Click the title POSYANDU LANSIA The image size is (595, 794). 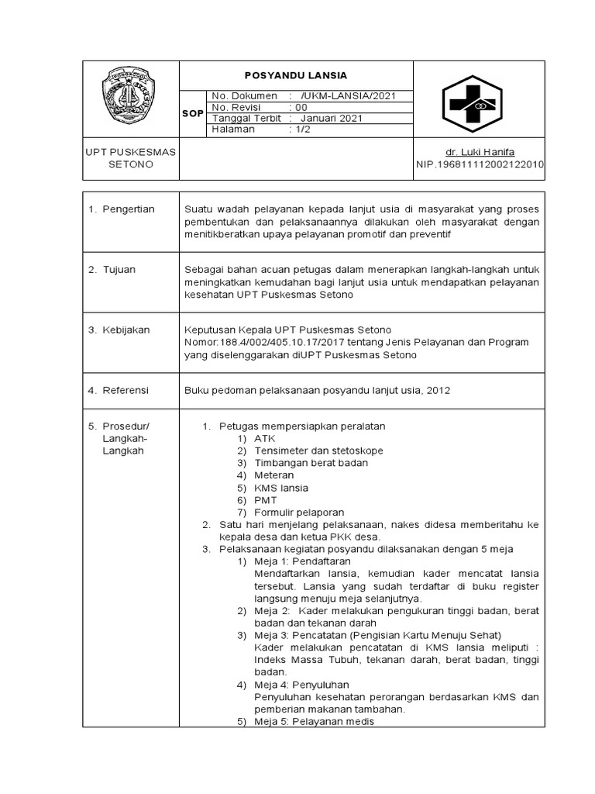point(295,75)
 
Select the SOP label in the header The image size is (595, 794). point(192,113)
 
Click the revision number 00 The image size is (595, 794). point(301,107)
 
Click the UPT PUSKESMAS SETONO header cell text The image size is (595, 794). point(130,158)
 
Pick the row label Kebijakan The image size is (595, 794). point(126,330)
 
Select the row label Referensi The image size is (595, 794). point(126,391)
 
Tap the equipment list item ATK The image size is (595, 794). point(264,439)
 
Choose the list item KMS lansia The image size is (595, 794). point(280,488)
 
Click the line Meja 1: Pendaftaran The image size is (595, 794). point(302,561)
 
